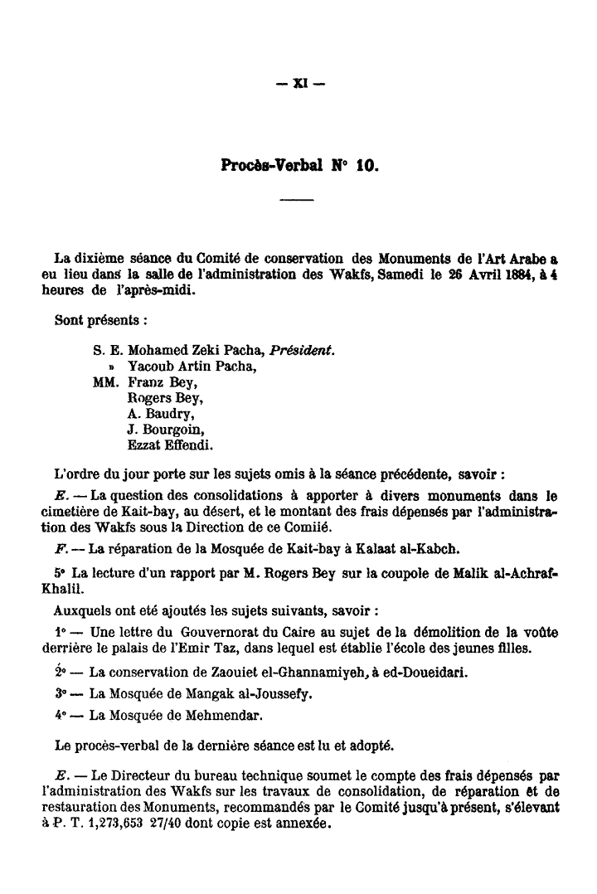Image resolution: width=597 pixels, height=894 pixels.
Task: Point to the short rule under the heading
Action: pos(298,200)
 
